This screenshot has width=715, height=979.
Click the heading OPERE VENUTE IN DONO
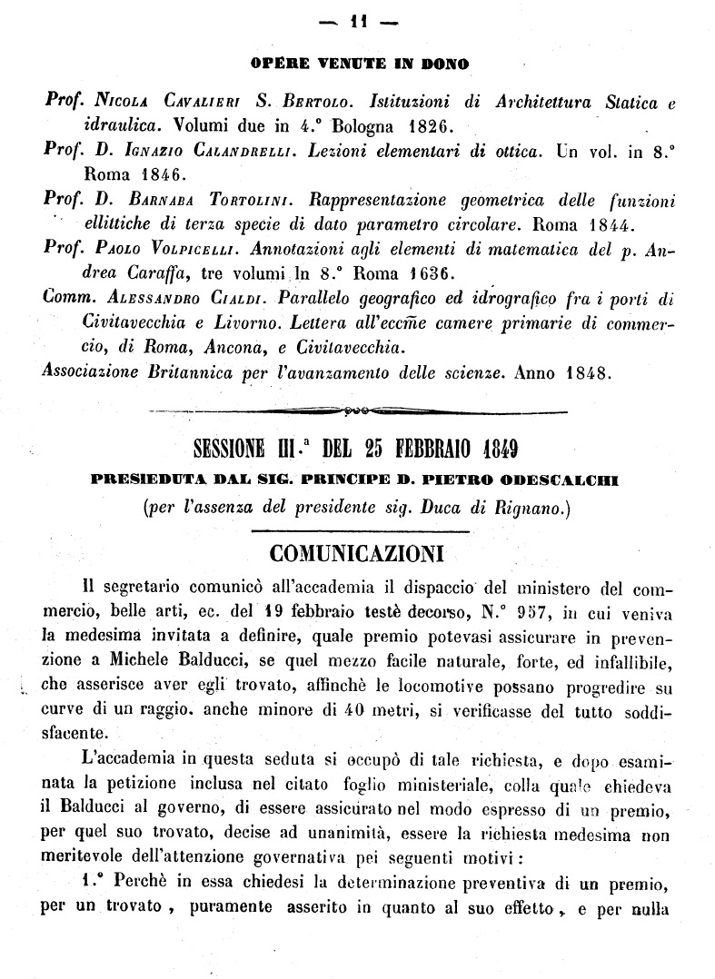pyautogui.click(x=359, y=65)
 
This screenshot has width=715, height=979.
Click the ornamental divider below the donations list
pyautogui.click(x=359, y=411)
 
